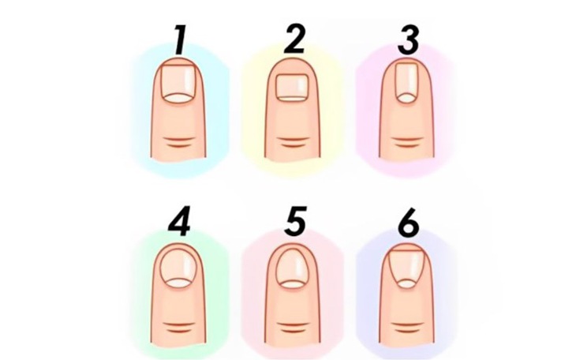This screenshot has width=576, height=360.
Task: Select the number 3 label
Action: pyautogui.click(x=408, y=41)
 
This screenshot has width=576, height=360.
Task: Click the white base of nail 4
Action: pyautogui.click(x=181, y=281)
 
